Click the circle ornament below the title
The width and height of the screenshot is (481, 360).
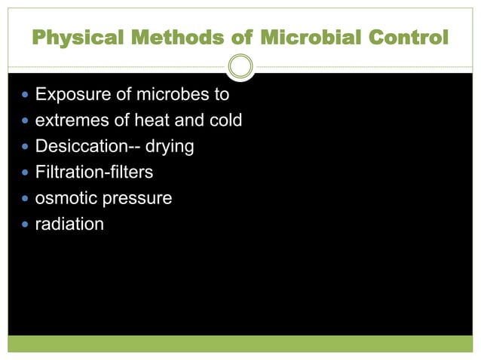[x=240, y=67]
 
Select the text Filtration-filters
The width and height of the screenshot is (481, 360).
[x=94, y=172]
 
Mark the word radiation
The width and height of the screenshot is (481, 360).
[x=69, y=224]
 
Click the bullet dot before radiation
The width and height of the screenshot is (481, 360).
[x=26, y=224]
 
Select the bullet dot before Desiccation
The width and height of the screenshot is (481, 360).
[x=26, y=147]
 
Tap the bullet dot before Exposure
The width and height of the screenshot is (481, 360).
[x=26, y=96]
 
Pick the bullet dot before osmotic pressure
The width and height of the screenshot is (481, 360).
[x=26, y=199]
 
